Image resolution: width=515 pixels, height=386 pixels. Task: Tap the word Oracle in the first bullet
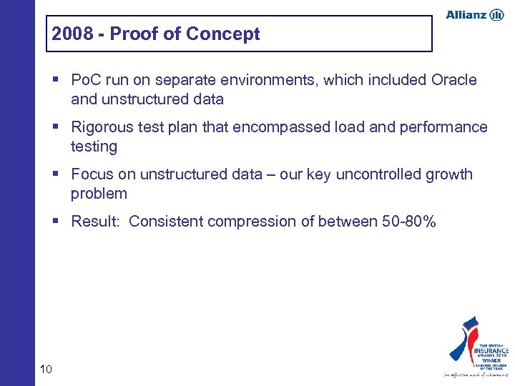[x=452, y=80]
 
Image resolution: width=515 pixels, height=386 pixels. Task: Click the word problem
[x=99, y=194]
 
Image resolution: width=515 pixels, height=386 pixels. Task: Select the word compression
[x=254, y=222]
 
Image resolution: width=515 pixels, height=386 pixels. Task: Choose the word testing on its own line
[x=94, y=147]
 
